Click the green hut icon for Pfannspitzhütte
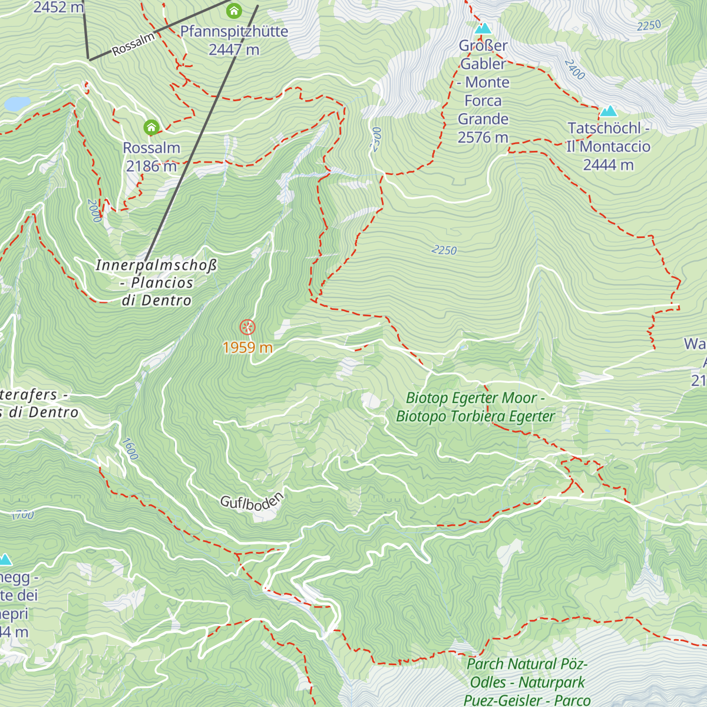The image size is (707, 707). pyautogui.click(x=234, y=11)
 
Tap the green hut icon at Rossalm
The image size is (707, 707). pyautogui.click(x=151, y=127)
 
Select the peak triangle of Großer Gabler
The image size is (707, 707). pyautogui.click(x=483, y=28)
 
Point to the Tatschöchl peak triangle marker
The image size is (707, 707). pyautogui.click(x=608, y=111)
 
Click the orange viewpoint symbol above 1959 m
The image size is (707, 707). pyautogui.click(x=247, y=328)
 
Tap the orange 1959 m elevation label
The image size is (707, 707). pyautogui.click(x=247, y=348)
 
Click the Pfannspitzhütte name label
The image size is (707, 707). pyautogui.click(x=234, y=31)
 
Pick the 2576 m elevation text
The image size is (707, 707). pyautogui.click(x=483, y=137)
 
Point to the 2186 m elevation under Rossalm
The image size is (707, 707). pyautogui.click(x=151, y=166)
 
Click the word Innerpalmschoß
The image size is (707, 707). pyautogui.click(x=156, y=265)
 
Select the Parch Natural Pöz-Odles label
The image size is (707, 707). pyautogui.click(x=527, y=673)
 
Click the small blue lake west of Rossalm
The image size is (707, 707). pyautogui.click(x=16, y=104)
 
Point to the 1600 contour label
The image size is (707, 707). pyautogui.click(x=130, y=449)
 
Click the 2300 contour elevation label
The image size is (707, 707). pyautogui.click(x=376, y=140)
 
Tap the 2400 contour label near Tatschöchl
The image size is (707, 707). pyautogui.click(x=574, y=70)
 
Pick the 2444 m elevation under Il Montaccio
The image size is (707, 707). pyautogui.click(x=608, y=165)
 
